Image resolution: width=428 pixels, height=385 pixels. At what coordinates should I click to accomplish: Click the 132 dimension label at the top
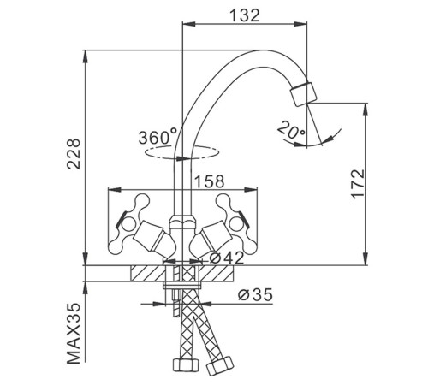coord(245,15)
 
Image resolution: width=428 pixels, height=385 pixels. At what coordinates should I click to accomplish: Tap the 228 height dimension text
coord(74,154)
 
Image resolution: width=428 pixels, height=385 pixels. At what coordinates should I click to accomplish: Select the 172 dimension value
coord(358,184)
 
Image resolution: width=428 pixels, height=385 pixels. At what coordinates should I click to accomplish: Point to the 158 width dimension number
coord(210,181)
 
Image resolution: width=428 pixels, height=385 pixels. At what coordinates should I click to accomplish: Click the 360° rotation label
coord(158,137)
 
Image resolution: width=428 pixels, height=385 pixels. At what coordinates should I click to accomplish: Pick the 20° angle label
coord(291,130)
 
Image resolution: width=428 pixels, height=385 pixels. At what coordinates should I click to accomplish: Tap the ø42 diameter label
coord(227,258)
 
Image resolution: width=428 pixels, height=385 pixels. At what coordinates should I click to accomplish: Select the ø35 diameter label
coord(255,294)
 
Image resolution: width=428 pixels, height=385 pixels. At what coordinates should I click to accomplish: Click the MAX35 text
coord(74,334)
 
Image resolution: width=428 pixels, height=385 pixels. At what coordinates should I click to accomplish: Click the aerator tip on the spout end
coord(303,94)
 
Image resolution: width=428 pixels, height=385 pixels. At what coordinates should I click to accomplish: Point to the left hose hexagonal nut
coord(186,364)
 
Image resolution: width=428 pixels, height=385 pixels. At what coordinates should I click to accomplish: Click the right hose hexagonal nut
coord(220,365)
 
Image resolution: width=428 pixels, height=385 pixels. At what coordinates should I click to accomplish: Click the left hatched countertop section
coord(148,273)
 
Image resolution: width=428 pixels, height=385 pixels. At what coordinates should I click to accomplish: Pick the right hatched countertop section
coord(217,273)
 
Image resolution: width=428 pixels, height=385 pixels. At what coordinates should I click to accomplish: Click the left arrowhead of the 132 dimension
coord(189,24)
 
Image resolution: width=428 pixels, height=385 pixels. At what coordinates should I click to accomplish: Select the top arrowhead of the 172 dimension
coord(365,110)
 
